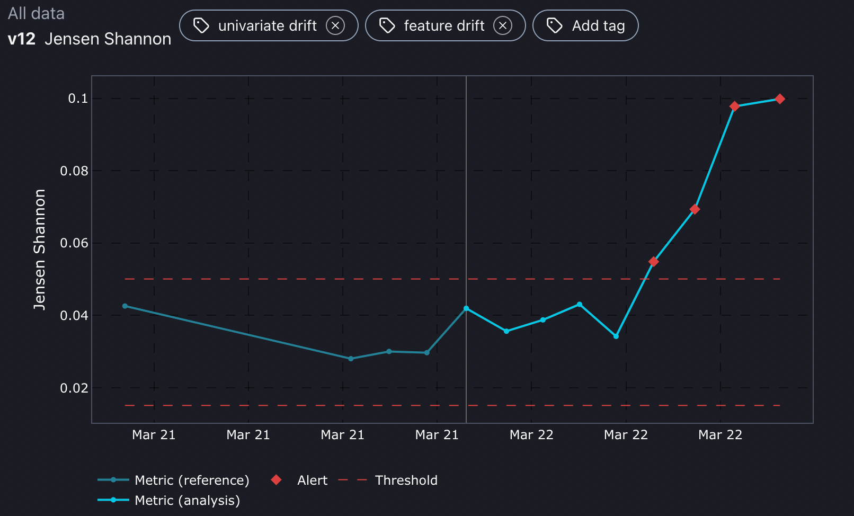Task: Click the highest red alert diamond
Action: click(780, 99)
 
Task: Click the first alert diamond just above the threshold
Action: click(654, 262)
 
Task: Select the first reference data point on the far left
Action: click(125, 306)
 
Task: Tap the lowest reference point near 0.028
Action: click(351, 359)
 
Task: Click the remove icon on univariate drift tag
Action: click(335, 25)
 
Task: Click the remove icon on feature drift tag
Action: click(503, 25)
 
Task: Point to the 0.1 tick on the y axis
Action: click(78, 99)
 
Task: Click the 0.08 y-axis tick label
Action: click(74, 171)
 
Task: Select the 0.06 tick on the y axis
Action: click(74, 243)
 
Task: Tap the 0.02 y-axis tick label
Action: click(74, 388)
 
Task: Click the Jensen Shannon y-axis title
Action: click(40, 250)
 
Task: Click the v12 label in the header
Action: click(22, 39)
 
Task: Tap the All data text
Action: click(36, 14)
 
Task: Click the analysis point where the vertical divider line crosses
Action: click(466, 308)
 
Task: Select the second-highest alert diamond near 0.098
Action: click(734, 106)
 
